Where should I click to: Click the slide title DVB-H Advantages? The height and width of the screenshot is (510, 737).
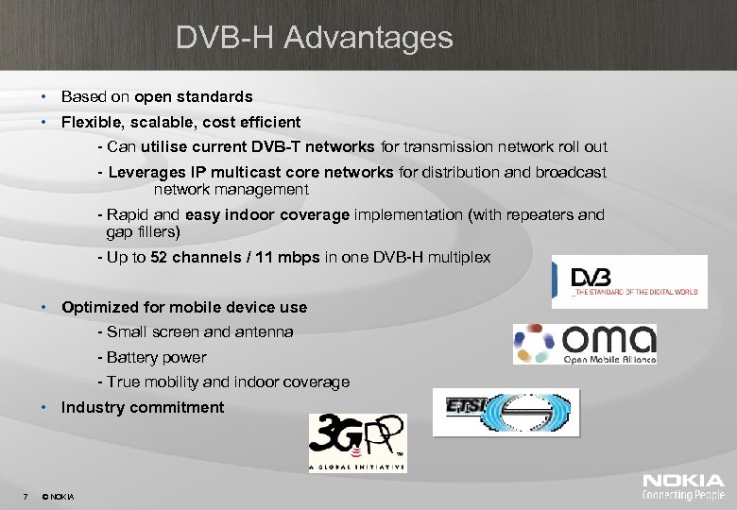tap(315, 39)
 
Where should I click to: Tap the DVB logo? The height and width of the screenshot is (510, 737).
tap(628, 281)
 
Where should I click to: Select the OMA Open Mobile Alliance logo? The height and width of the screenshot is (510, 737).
tap(584, 344)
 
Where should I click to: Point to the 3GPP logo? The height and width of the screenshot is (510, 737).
tap(358, 442)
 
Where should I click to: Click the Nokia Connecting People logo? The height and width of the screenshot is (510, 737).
tap(683, 487)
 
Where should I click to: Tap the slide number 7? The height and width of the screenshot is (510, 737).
tap(25, 496)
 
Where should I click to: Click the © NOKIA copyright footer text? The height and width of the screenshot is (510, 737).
tap(59, 496)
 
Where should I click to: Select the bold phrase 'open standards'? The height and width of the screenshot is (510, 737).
tap(194, 96)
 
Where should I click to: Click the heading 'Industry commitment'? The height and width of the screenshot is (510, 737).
tap(143, 408)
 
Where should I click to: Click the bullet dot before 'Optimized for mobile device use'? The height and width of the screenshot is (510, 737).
tap(44, 308)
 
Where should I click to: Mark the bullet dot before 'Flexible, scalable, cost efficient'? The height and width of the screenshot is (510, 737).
tap(44, 122)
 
